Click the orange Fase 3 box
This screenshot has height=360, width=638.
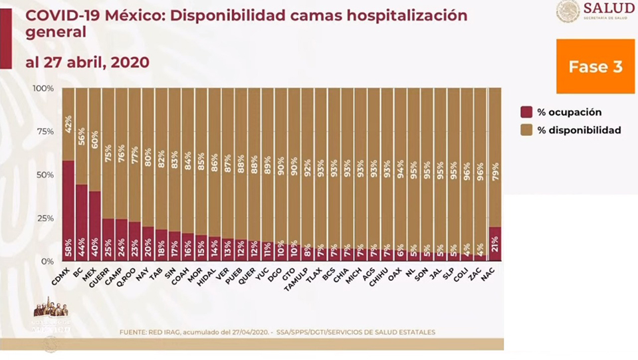pyautogui.click(x=595, y=67)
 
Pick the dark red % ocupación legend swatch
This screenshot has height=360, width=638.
pyautogui.click(x=526, y=112)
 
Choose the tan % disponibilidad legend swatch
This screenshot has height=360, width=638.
pyautogui.click(x=526, y=130)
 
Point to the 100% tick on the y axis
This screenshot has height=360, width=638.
pyautogui.click(x=44, y=88)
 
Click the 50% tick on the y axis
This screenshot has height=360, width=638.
pyautogui.click(x=46, y=175)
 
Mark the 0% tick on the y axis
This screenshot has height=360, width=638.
pyautogui.click(x=48, y=261)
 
